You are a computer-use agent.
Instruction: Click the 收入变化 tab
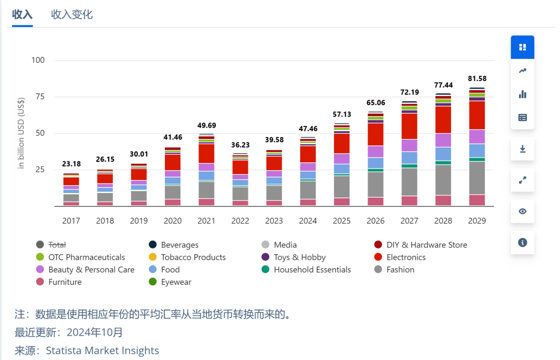(72, 15)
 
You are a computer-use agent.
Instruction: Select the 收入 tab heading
(22, 15)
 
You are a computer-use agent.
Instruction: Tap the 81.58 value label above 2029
(477, 78)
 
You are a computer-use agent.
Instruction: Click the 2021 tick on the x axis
(206, 220)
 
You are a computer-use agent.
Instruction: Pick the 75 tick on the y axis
(38, 96)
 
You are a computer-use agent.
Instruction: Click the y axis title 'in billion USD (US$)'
(21, 133)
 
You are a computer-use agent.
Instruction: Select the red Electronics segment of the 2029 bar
(477, 115)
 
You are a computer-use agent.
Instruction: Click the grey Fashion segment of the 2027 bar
(410, 182)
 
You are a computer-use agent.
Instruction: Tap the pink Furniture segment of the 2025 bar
(342, 202)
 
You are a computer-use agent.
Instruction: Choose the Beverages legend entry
(179, 245)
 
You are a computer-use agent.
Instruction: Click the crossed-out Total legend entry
(57, 245)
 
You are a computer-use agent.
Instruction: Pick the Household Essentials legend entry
(312, 270)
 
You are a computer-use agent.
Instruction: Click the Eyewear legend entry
(176, 282)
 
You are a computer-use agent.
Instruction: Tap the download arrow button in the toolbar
(522, 149)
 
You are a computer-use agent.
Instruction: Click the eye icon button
(522, 211)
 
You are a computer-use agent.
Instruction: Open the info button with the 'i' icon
(522, 242)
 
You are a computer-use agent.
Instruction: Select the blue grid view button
(522, 47)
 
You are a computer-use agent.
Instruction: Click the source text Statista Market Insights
(102, 351)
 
